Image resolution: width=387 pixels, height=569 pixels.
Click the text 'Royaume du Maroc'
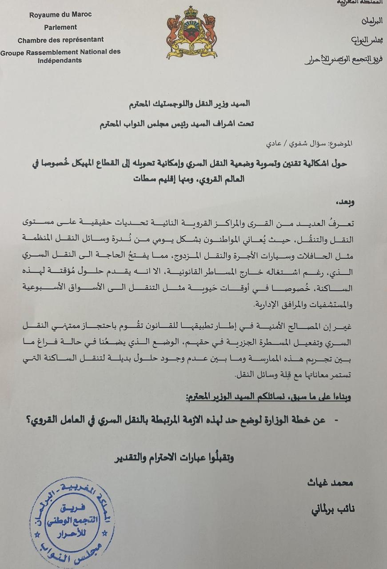(60, 15)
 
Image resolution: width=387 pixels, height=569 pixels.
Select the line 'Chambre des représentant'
(60, 40)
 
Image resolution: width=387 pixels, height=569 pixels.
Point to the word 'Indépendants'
(60, 60)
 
